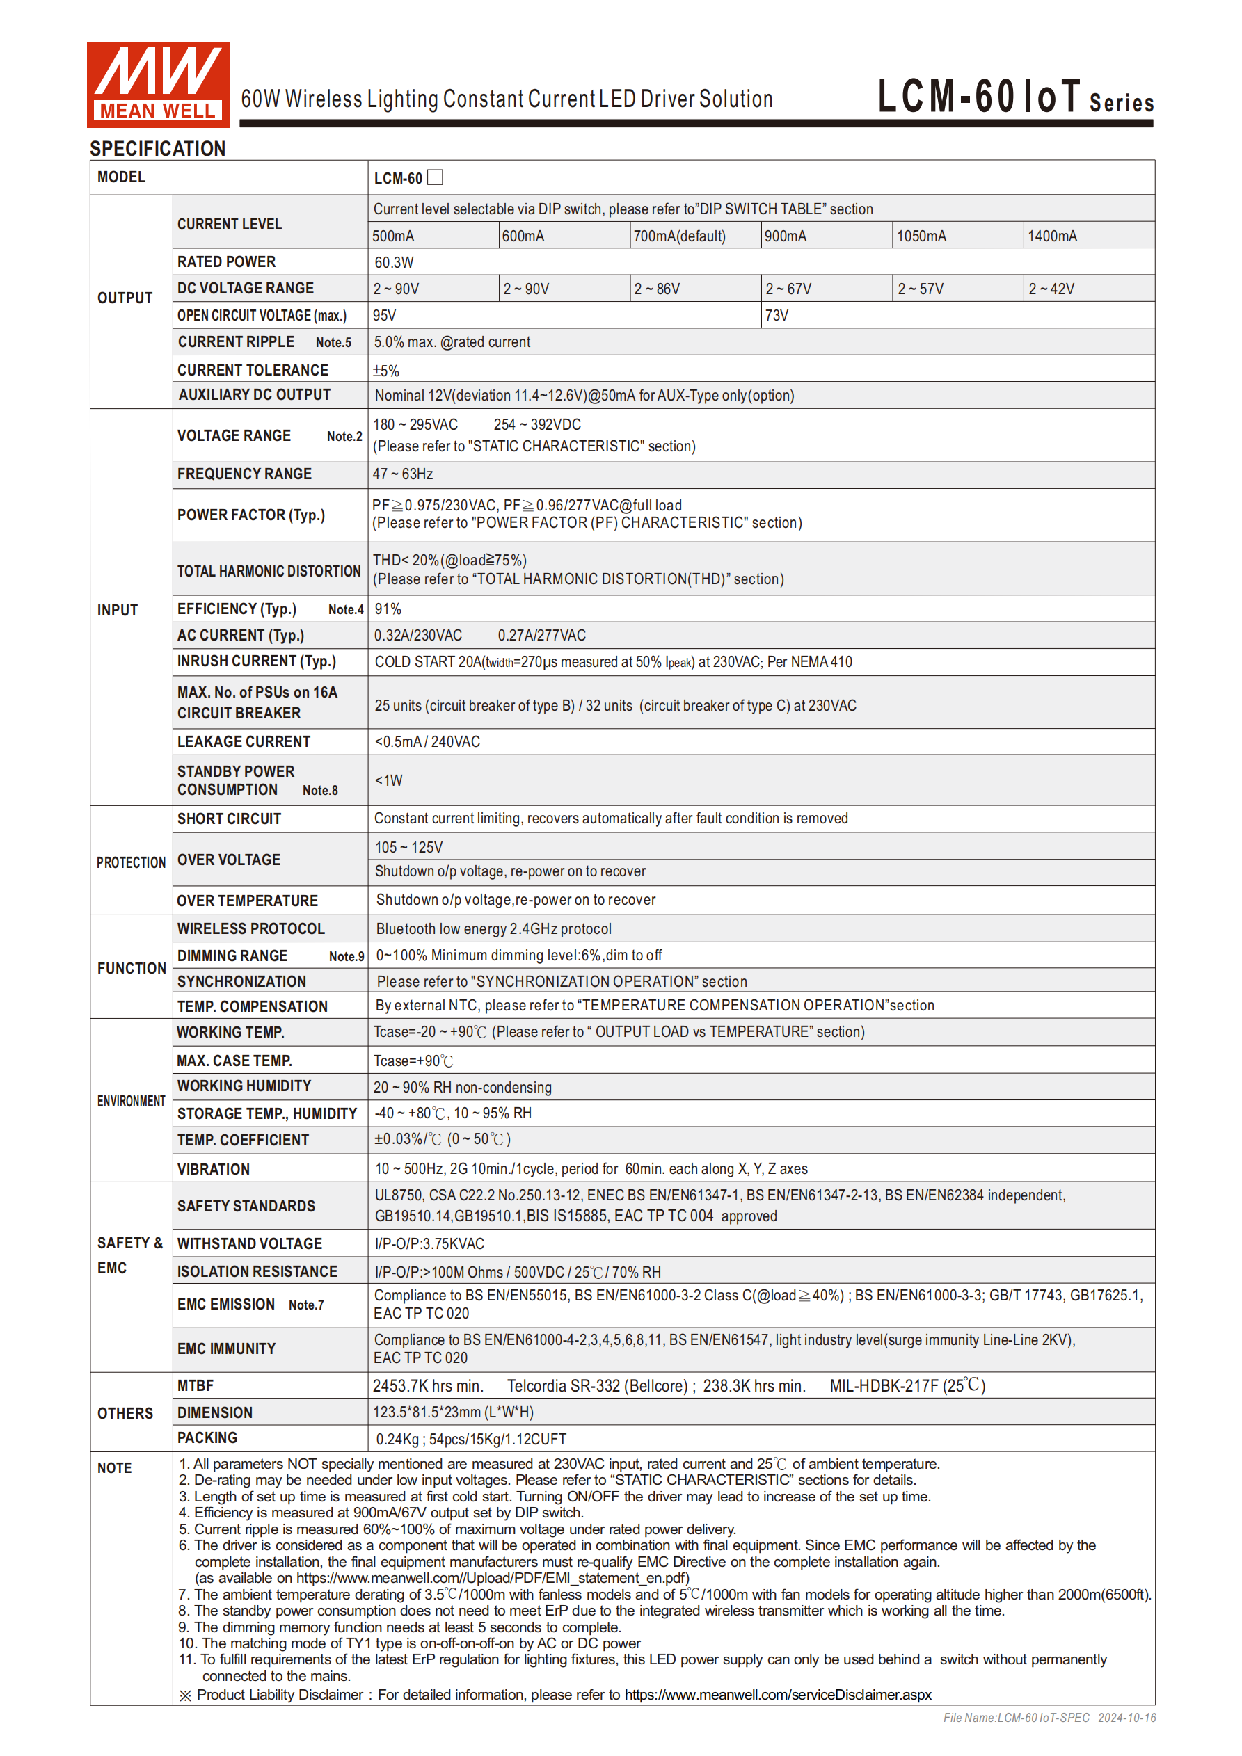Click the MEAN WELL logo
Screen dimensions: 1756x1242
pyautogui.click(x=158, y=84)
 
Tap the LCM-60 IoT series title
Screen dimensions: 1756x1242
pyautogui.click(x=1014, y=97)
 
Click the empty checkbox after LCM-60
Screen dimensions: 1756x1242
pyautogui.click(x=436, y=177)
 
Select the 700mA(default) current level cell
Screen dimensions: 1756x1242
pyautogui.click(x=680, y=236)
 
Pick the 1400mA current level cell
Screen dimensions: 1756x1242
pyautogui.click(x=1052, y=236)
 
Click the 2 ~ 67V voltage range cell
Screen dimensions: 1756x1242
pyautogui.click(x=788, y=289)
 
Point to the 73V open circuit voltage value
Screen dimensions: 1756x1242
pyautogui.click(x=777, y=316)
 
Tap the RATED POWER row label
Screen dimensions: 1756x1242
pyautogui.click(x=227, y=262)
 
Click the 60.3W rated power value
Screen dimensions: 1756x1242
pyautogui.click(x=394, y=262)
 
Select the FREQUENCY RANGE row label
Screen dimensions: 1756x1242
pyautogui.click(x=244, y=474)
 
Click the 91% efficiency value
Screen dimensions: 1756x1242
pyautogui.click(x=388, y=609)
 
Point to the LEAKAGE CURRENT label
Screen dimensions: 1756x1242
pyautogui.click(x=244, y=742)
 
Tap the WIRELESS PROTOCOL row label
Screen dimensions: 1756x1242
pyautogui.click(x=251, y=928)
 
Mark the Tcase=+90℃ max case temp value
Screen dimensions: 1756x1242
pyautogui.click(x=413, y=1061)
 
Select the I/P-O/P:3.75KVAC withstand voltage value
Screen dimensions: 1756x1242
pyautogui.click(x=429, y=1244)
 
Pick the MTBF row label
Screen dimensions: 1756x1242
pyautogui.click(x=196, y=1386)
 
